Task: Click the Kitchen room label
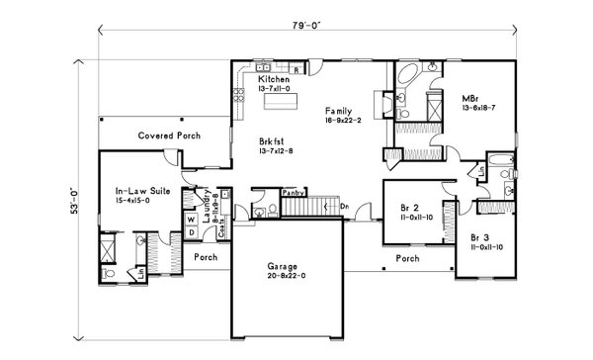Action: (273, 78)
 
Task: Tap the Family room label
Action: (341, 112)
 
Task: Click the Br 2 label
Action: (411, 208)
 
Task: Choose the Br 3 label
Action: (480, 237)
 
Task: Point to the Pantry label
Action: (292, 193)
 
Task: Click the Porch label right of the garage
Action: (407, 259)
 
